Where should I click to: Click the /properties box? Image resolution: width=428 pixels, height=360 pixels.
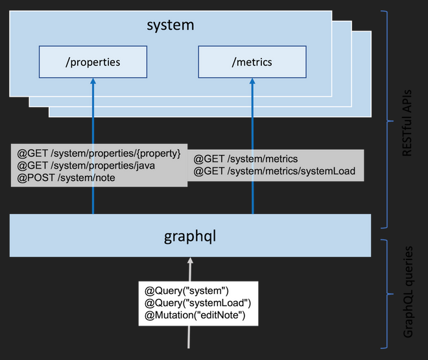pyautogui.click(x=92, y=62)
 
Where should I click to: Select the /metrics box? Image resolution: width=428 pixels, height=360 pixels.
pyautogui.click(x=252, y=62)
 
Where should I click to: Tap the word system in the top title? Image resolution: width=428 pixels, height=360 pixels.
pyautogui.click(x=170, y=26)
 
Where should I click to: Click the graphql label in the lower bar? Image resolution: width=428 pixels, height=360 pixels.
pyautogui.click(x=190, y=235)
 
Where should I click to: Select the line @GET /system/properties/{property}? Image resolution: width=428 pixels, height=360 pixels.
pyautogui.click(x=99, y=154)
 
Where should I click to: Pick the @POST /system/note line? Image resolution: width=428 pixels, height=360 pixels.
pyautogui.click(x=66, y=177)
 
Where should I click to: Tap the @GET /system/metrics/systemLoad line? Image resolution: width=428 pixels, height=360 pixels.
pyautogui.click(x=274, y=172)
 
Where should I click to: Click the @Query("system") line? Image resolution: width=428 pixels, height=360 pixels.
pyautogui.click(x=187, y=291)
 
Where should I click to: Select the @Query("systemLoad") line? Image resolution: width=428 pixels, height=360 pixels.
pyautogui.click(x=197, y=303)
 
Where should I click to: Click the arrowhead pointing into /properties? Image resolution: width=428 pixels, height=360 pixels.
pyautogui.click(x=93, y=80)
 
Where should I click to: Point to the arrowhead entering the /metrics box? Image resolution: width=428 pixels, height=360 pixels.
pyautogui.click(x=252, y=80)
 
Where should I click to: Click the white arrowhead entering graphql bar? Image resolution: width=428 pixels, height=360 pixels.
pyautogui.click(x=190, y=261)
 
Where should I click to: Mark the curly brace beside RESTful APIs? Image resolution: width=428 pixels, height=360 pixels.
pyautogui.click(x=387, y=119)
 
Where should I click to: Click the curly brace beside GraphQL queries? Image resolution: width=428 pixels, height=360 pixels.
pyautogui.click(x=387, y=295)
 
